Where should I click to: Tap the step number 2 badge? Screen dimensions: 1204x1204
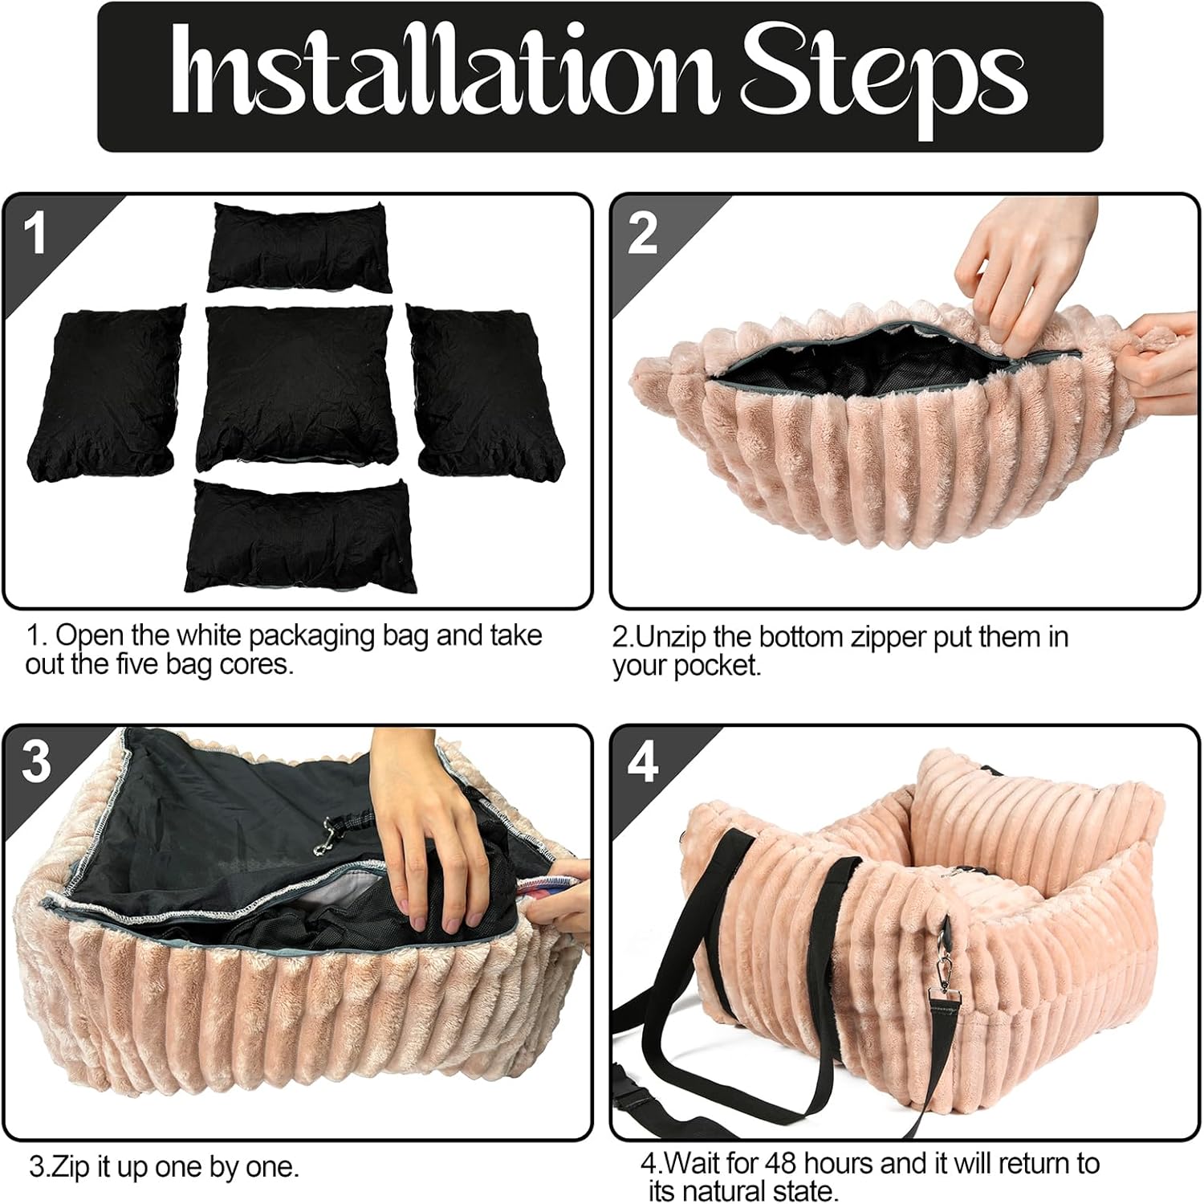(x=642, y=234)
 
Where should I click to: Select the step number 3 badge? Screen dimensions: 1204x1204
(x=36, y=761)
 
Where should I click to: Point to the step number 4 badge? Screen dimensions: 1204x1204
(x=643, y=761)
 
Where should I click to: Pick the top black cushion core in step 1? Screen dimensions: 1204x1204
(x=299, y=247)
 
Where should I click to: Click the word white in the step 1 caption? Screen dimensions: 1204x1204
(x=210, y=635)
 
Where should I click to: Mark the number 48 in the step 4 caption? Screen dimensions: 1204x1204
(x=783, y=1163)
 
